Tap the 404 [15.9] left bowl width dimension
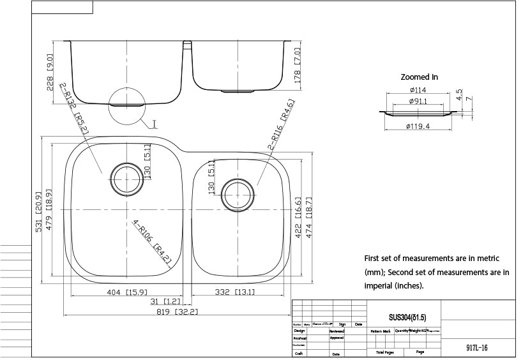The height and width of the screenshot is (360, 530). [125, 292]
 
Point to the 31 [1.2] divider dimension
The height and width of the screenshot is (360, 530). [165, 301]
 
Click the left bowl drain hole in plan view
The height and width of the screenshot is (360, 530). [125, 178]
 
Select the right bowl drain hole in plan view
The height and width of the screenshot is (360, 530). [238, 195]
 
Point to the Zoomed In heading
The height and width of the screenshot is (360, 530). [419, 77]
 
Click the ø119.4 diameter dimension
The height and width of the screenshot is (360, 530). [418, 126]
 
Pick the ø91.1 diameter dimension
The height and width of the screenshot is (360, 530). [418, 101]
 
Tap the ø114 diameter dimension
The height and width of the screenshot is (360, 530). [418, 90]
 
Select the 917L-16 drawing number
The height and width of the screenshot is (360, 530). [478, 349]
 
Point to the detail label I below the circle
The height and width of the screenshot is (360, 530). [155, 124]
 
